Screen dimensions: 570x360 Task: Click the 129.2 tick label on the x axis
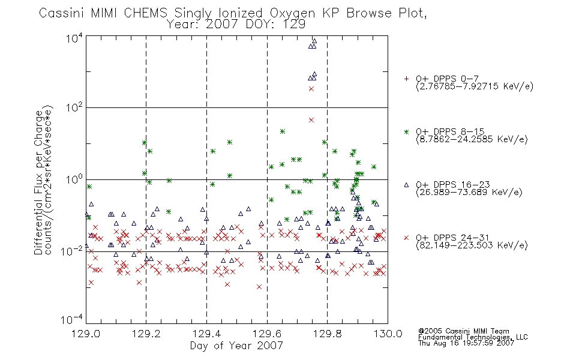146,334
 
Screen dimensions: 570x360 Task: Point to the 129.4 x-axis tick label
206,334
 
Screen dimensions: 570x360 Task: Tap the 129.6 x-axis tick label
267,334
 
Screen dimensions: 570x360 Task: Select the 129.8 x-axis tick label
327,334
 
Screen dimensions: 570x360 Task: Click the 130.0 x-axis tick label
388,334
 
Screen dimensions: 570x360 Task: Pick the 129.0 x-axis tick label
86,334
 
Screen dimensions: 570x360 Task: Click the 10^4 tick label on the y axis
74,38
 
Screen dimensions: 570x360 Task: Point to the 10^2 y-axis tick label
74,108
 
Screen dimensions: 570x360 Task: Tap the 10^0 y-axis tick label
74,179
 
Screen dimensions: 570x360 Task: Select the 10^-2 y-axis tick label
72,251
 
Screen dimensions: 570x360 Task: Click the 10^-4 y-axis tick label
72,320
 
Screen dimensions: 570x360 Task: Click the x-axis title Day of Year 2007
236,346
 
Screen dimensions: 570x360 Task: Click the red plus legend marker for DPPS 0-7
406,79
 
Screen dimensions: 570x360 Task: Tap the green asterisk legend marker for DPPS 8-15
406,131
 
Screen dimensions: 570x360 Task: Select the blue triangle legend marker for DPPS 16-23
406,185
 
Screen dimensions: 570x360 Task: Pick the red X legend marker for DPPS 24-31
406,238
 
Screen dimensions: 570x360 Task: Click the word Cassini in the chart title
61,13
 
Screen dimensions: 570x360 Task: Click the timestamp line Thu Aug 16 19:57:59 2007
466,343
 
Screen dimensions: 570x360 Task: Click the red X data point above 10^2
311,89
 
